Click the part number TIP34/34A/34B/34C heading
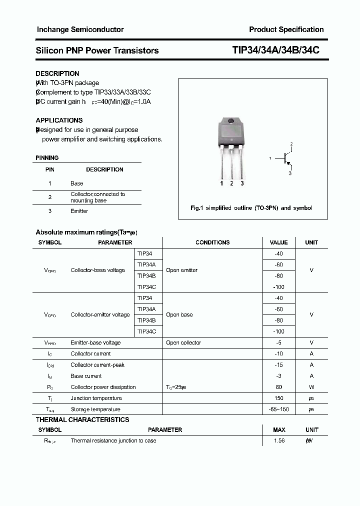pyautogui.click(x=275, y=50)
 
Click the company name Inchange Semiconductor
pyautogui.click(x=80, y=29)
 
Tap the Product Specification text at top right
pyautogui.click(x=286, y=29)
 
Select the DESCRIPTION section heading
pyautogui.click(x=57, y=73)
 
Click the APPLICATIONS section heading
pyautogui.click(x=59, y=120)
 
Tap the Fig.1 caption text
pyautogui.click(x=251, y=208)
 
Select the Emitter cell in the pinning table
pyautogui.click(x=79, y=211)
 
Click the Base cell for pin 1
pyautogui.click(x=77, y=183)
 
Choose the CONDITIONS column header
pyautogui.click(x=212, y=242)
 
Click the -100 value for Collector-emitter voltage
pyautogui.click(x=278, y=331)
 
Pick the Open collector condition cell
pyautogui.click(x=183, y=343)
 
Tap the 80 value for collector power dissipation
pyautogui.click(x=278, y=387)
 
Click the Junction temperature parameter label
pyautogui.click(x=96, y=398)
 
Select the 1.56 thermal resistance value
pyautogui.click(x=279, y=441)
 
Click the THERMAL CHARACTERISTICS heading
pyautogui.click(x=82, y=420)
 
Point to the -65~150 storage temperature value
pyautogui.click(x=279, y=409)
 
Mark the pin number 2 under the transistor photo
pyautogui.click(x=231, y=183)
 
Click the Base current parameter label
pyautogui.click(x=86, y=376)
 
